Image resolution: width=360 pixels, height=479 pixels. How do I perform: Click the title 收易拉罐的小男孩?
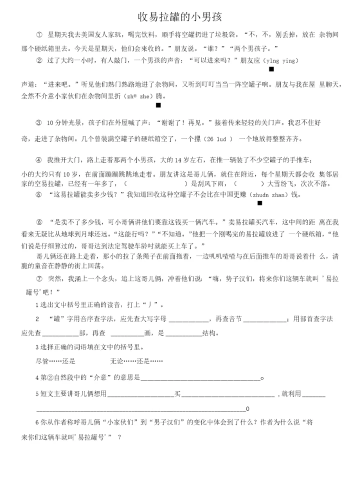click(179, 17)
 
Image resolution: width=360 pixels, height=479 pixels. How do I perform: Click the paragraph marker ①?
click(39, 35)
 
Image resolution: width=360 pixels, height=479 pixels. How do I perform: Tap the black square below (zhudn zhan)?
click(259, 203)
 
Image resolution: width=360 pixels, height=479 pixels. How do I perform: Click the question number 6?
click(37, 422)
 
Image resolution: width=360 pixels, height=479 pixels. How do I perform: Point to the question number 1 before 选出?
click(37, 305)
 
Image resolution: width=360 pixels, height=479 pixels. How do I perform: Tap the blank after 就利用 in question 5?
click(314, 395)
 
